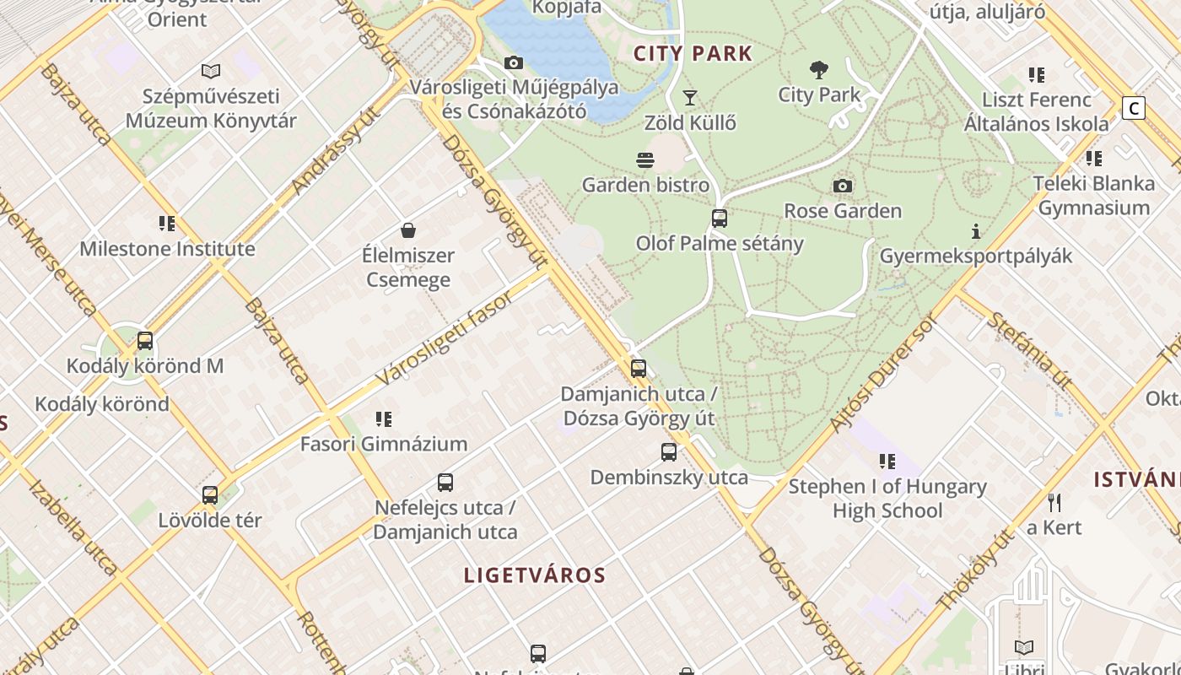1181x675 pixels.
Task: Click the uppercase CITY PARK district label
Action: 693,54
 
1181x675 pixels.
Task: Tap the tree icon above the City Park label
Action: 818,69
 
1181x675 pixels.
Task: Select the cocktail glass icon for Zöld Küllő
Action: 690,98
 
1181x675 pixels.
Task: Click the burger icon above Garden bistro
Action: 645,160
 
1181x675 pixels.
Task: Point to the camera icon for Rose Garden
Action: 842,186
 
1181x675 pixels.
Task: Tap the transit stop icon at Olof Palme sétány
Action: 720,219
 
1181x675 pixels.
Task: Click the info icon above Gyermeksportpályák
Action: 976,231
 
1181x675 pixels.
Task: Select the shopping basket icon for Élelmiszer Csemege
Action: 408,230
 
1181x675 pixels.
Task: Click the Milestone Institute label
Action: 167,249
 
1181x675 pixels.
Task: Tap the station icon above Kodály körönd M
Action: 145,341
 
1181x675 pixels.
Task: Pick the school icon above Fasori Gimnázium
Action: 384,418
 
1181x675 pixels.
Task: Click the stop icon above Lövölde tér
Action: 210,495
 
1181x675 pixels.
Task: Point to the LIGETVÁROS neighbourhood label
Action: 535,575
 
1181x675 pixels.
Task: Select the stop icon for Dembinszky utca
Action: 669,452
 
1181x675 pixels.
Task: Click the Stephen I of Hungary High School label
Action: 887,498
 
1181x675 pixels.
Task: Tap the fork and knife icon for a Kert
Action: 1054,503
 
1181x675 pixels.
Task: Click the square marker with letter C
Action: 1134,108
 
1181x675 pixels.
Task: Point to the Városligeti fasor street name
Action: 445,339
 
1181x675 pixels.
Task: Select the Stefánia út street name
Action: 1029,350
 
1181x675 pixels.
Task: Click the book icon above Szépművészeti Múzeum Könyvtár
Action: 211,72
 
